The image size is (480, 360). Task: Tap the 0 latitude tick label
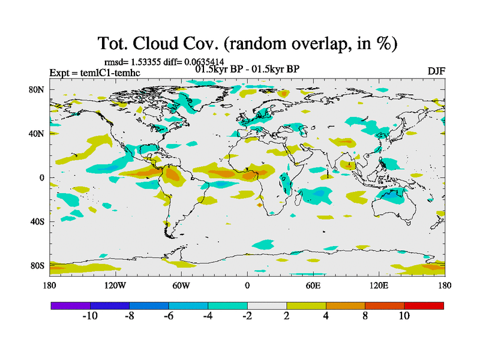[x=43, y=178]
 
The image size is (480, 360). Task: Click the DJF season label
[x=436, y=71]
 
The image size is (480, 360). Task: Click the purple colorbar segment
[x=70, y=305]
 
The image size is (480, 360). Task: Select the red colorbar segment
[x=424, y=305]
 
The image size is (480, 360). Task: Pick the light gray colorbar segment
[x=267, y=305]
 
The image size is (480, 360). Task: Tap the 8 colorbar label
[x=365, y=316]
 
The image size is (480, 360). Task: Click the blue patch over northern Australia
[x=392, y=194]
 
